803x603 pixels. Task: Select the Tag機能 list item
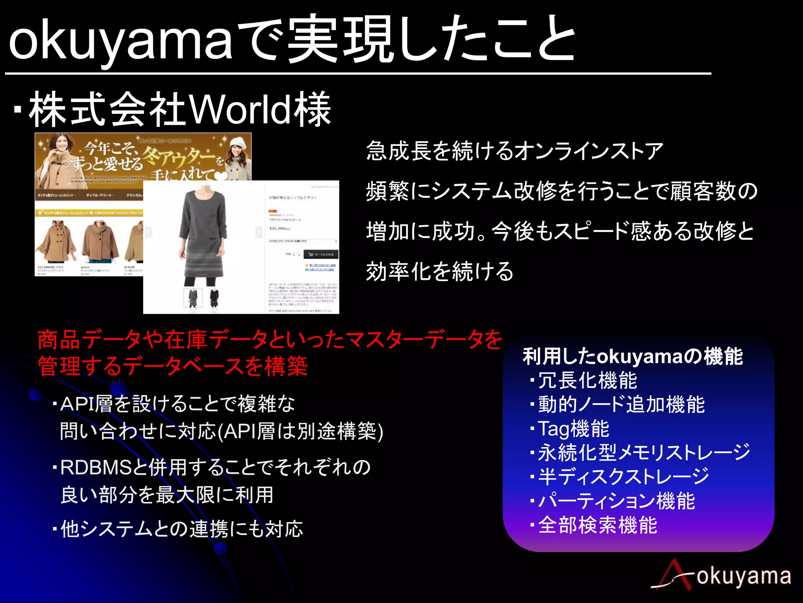[573, 429]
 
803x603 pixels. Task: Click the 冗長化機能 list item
[587, 380]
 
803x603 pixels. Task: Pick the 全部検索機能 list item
[597, 525]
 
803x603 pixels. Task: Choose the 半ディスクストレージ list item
[623, 477]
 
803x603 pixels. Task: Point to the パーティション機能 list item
[616, 501]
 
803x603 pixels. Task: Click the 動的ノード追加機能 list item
[621, 405]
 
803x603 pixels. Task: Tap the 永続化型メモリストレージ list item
[644, 453]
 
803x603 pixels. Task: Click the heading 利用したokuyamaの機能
[632, 356]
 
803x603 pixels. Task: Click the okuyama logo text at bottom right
[743, 576]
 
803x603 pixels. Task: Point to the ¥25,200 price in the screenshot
[280, 228]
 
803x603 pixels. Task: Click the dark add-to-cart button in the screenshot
[321, 254]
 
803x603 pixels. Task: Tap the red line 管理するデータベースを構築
[173, 366]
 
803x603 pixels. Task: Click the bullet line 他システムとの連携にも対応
[182, 529]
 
